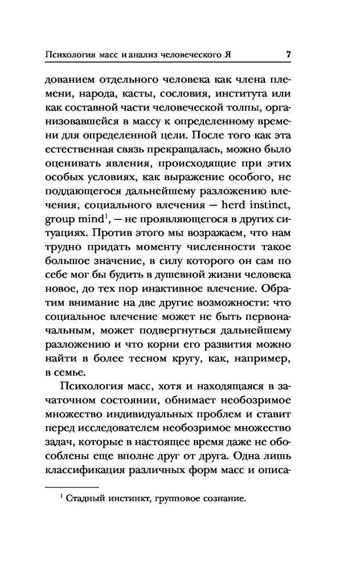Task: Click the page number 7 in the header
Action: (x=289, y=56)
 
